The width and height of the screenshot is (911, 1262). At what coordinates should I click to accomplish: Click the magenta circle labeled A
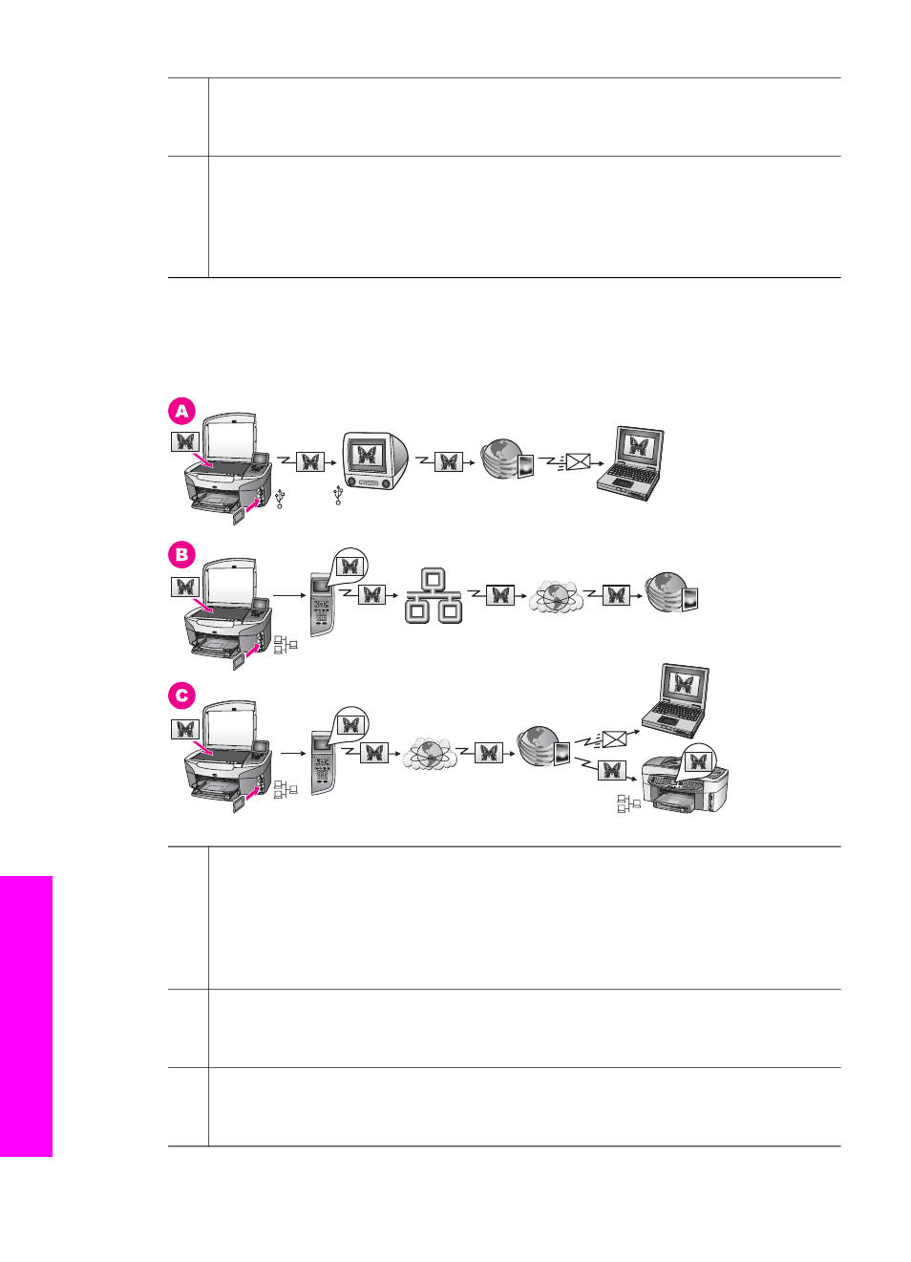coord(181,412)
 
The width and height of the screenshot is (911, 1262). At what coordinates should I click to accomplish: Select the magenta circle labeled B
coord(181,555)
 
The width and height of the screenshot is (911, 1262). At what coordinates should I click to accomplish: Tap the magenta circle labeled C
coord(181,695)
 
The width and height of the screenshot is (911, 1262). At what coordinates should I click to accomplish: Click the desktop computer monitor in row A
coord(375,461)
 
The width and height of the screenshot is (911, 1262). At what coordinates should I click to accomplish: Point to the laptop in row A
coord(631,463)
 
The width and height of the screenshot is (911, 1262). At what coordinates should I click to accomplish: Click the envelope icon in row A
coord(578,462)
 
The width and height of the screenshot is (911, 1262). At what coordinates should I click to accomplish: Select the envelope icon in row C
coord(614,739)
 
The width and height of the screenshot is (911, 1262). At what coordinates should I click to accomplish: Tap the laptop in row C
coord(676,701)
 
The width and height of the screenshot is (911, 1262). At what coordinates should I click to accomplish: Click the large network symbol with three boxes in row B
coord(434,595)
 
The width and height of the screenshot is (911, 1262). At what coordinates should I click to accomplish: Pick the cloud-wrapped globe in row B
coord(556,597)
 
